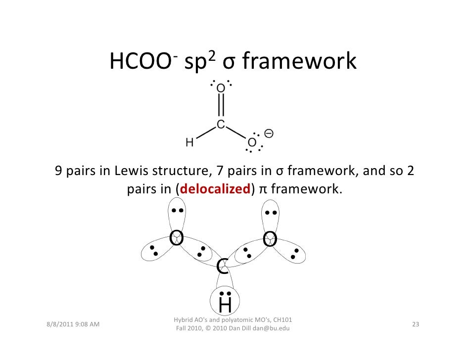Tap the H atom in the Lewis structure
[189, 142]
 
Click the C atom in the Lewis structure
[221, 125]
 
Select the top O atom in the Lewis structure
[221, 88]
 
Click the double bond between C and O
[221, 106]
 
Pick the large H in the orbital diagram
[225, 305]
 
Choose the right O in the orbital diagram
[270, 239]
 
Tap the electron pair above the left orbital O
[177, 210]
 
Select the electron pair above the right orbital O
[271, 213]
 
